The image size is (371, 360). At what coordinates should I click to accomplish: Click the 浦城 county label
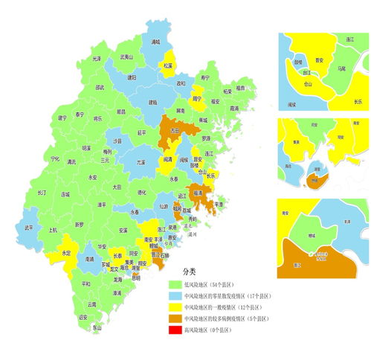click(x=156, y=42)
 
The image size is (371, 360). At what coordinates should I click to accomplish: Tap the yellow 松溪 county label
click(x=168, y=65)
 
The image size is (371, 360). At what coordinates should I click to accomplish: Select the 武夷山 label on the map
click(x=126, y=57)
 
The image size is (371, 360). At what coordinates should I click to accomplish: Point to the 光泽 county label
click(x=97, y=59)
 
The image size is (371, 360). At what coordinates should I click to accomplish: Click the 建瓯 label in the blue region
click(x=153, y=102)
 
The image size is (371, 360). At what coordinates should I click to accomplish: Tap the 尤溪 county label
click(x=141, y=161)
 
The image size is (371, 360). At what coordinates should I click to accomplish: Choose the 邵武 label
click(x=100, y=87)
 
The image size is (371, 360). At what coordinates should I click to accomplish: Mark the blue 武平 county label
click(x=29, y=228)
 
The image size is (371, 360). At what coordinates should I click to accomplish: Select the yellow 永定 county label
click(x=66, y=253)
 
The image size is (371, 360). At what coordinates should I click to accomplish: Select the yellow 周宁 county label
click(x=197, y=98)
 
